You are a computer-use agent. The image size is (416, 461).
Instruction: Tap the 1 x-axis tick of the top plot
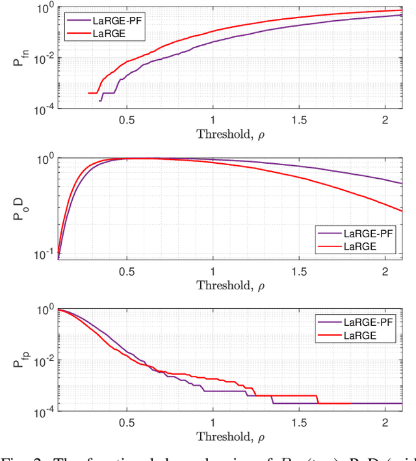coord(213,120)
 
